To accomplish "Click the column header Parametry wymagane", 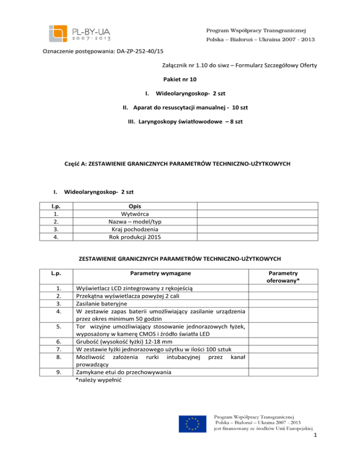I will pyautogui.click(x=157, y=272).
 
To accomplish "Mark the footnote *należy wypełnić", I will pyautogui.click(x=99, y=381).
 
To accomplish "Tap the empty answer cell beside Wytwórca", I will pyautogui.click(x=257, y=213).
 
